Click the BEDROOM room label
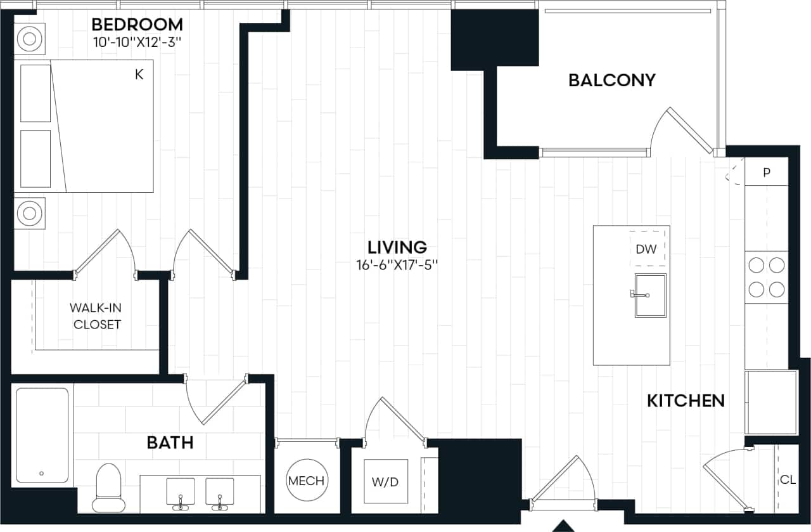point(137,25)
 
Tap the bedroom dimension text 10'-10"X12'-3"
point(137,43)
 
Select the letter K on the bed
point(139,75)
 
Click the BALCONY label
point(611,80)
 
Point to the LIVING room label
point(397,247)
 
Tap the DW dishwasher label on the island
point(646,249)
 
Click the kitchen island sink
point(650,295)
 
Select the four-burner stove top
point(766,277)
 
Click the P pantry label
point(766,172)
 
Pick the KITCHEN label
point(686,401)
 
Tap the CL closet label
point(788,480)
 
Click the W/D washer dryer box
point(385,481)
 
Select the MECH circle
point(306,481)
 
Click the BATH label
point(170,442)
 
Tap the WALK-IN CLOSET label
point(96,316)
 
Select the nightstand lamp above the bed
point(30,39)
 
